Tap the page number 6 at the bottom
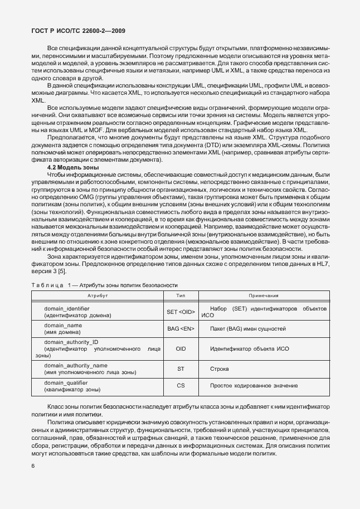point(33,466)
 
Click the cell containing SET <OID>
point(181,312)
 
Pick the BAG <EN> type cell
point(181,329)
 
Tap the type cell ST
point(181,369)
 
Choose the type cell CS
point(181,385)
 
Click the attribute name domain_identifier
point(67,308)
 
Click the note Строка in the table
point(218,369)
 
